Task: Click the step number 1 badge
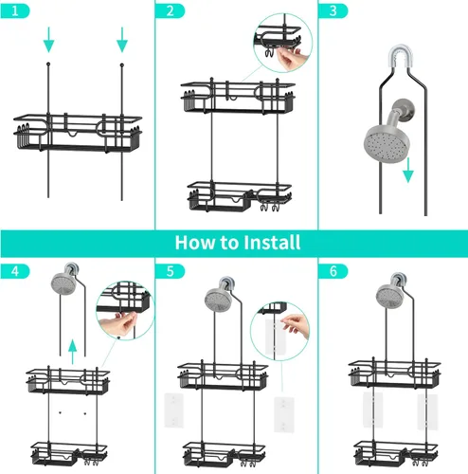pyautogui.click(x=15, y=11)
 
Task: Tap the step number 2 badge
pyautogui.click(x=170, y=11)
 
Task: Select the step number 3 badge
pyautogui.click(x=333, y=11)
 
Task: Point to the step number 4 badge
pyautogui.click(x=15, y=271)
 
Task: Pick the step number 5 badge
pyautogui.click(x=170, y=271)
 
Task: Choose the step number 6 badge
pyautogui.click(x=333, y=271)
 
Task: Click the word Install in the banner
pyautogui.click(x=272, y=243)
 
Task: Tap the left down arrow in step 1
pyautogui.click(x=48, y=40)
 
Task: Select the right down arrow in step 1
pyautogui.click(x=122, y=40)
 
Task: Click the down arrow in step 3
pyautogui.click(x=408, y=170)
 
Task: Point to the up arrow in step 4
pyautogui.click(x=73, y=352)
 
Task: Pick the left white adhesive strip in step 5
pyautogui.click(x=173, y=410)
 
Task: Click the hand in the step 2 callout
pyautogui.click(x=291, y=59)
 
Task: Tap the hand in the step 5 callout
pyautogui.click(x=296, y=325)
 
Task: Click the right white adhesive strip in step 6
pyautogui.click(x=427, y=411)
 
